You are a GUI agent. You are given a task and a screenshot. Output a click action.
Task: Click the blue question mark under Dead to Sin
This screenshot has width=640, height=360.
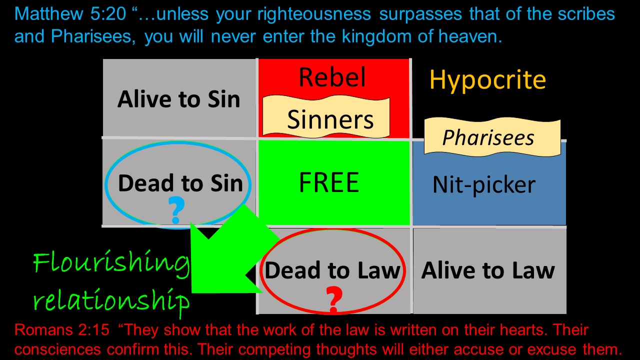[x=175, y=210]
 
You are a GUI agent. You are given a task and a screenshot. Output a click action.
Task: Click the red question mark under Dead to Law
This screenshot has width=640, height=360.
[x=334, y=298]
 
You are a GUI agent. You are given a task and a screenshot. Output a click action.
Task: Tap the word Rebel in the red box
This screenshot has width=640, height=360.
[x=332, y=77]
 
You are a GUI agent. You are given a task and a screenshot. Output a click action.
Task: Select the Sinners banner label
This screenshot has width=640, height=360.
[x=330, y=119]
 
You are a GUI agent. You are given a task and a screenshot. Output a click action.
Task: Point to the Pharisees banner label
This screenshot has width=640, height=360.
[x=488, y=137]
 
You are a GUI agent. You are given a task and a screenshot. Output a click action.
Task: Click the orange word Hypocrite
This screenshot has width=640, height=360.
[x=487, y=80]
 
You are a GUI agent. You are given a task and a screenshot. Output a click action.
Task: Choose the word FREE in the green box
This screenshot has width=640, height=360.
[x=329, y=183]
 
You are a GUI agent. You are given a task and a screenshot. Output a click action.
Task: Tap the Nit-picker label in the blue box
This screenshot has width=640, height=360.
[x=483, y=185]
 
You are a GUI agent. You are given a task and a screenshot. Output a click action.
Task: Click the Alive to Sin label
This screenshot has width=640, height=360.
[x=179, y=99]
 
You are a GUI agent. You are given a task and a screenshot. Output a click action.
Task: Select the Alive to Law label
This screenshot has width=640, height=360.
[x=488, y=270]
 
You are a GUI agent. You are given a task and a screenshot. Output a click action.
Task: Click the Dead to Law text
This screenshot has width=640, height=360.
[x=332, y=270]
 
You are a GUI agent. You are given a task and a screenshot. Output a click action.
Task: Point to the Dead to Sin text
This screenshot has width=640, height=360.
[x=180, y=183]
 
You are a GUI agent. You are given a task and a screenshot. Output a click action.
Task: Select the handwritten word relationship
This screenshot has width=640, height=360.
[x=111, y=300]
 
